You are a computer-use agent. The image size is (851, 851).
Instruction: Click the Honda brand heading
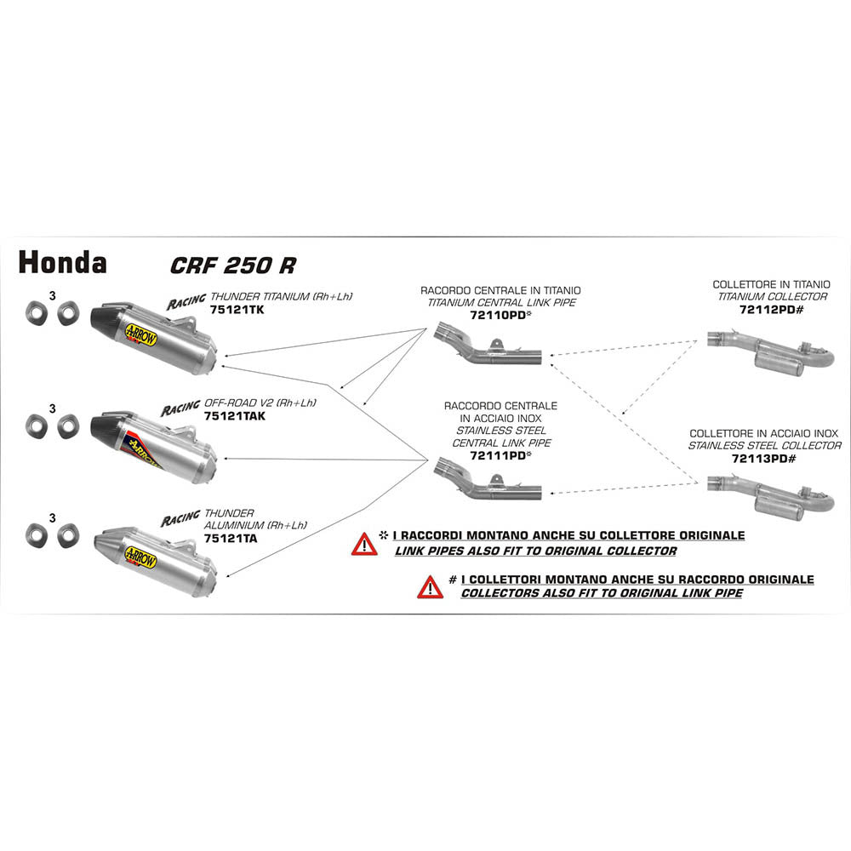tap(62, 262)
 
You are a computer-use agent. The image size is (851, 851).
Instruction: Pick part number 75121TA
tap(231, 538)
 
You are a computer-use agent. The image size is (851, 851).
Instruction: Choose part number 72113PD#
tap(764, 458)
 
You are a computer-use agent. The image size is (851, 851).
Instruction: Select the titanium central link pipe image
tap(486, 346)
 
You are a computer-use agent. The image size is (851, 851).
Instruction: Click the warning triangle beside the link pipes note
tap(364, 544)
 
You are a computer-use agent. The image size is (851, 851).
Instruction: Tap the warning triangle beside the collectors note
tap(430, 586)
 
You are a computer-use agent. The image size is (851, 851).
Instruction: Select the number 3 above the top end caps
tap(53, 296)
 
